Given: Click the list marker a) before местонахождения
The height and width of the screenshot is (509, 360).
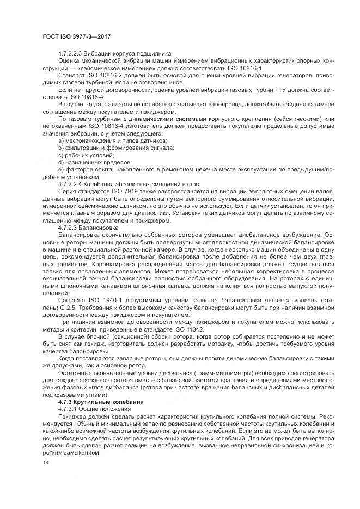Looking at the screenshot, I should point(60,140).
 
